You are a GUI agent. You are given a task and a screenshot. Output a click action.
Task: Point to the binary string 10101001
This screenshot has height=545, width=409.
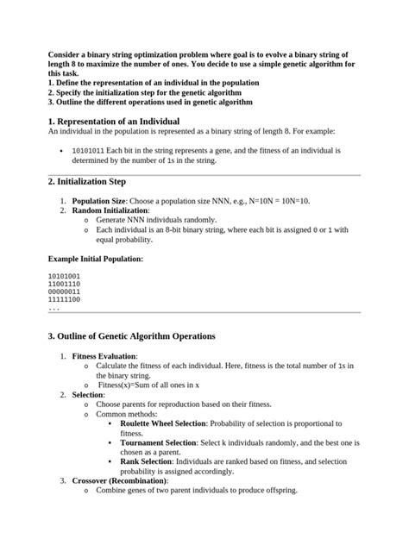64,276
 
